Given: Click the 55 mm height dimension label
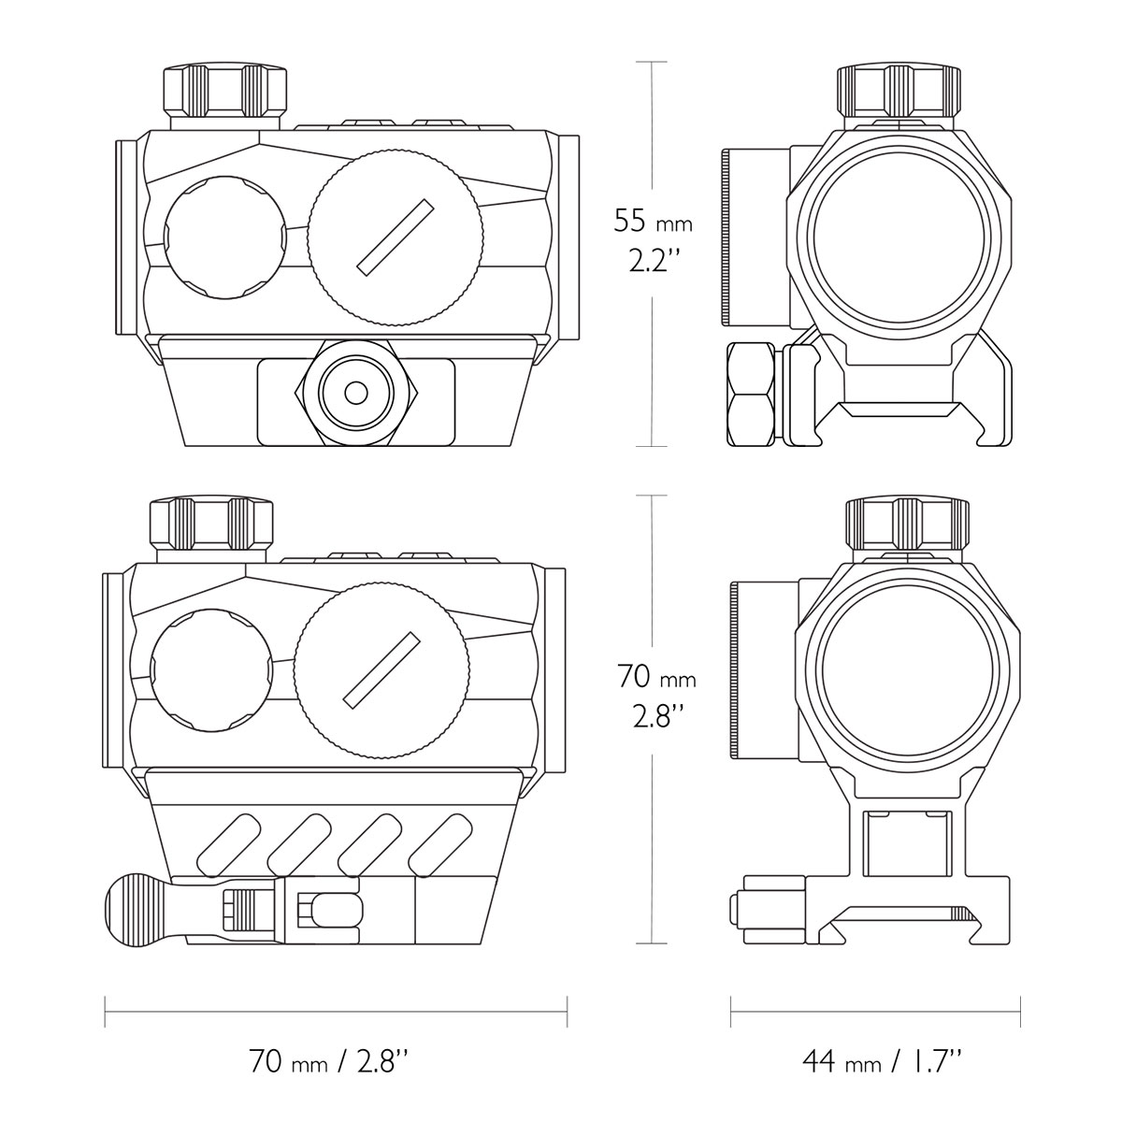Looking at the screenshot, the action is [x=654, y=222].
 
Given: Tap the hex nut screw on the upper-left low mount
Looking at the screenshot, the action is [x=356, y=393].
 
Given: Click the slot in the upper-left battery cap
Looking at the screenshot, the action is [x=396, y=237].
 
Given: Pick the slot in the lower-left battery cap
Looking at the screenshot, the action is [x=382, y=670].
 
